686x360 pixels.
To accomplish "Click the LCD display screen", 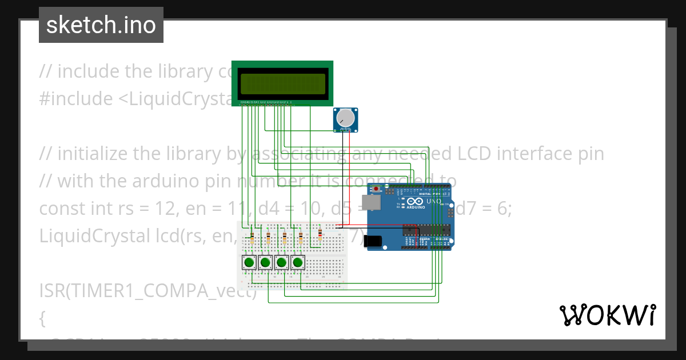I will [x=282, y=83].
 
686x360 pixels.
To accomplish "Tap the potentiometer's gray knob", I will [x=345, y=118].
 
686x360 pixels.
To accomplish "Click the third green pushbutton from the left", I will [x=281, y=263].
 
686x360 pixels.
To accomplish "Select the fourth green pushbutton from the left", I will [x=297, y=263].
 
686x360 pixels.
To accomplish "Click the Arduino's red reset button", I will [x=376, y=189].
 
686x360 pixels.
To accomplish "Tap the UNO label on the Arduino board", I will [x=433, y=201].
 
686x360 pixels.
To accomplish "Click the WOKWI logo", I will [x=607, y=315].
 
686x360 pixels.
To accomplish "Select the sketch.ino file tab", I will [x=101, y=25].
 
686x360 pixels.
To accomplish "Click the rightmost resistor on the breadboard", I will [x=320, y=235].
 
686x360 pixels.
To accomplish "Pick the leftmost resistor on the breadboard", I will [x=253, y=237].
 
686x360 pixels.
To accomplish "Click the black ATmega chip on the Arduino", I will [x=426, y=230].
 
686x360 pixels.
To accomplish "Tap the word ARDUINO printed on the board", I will [x=416, y=207].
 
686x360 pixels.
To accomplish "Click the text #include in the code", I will [x=76, y=99].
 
